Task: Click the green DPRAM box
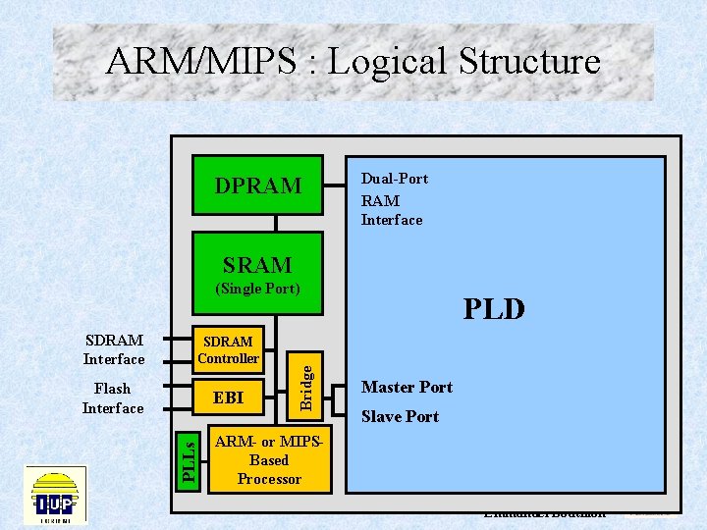point(257,185)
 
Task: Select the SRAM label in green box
point(257,265)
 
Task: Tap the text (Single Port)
point(257,290)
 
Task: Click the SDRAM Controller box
point(228,349)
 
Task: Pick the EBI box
point(228,397)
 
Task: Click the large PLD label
point(494,310)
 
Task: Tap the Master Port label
point(407,387)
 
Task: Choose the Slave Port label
point(400,416)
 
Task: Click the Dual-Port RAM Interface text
point(392,199)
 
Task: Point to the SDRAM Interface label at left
point(114,349)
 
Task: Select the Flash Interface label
point(113,397)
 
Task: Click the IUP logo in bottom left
point(56,495)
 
